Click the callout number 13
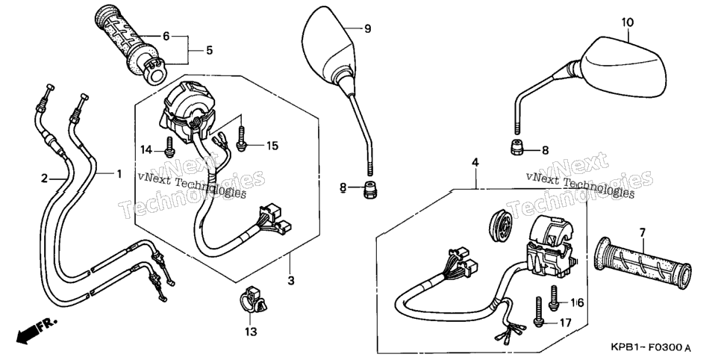click(251, 332)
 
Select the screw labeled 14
click(169, 147)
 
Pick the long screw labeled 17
click(538, 312)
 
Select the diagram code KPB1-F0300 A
click(651, 347)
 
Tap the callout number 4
click(475, 162)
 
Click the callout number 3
click(290, 280)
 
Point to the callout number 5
click(209, 50)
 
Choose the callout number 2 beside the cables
click(44, 179)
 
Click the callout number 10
click(628, 22)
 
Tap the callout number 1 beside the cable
click(119, 173)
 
